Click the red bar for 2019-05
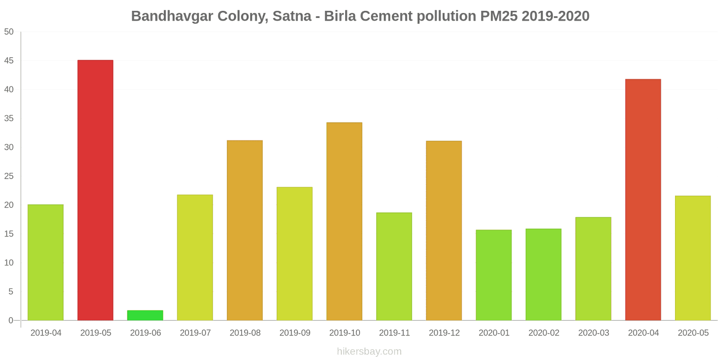(95, 190)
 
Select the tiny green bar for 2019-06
(145, 315)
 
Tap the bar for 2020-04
(643, 200)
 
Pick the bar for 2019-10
(344, 221)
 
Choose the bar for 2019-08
(245, 230)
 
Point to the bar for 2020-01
(494, 275)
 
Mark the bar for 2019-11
(394, 266)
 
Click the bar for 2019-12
(444, 230)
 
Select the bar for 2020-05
(693, 258)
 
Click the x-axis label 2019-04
(46, 333)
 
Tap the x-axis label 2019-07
(195, 333)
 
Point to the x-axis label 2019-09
(295, 333)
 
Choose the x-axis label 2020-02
(544, 333)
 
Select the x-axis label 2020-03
(594, 333)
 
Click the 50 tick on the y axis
(9, 32)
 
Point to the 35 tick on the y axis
(9, 118)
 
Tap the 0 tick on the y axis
(11, 320)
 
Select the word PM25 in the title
(499, 16)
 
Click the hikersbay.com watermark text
(369, 351)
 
